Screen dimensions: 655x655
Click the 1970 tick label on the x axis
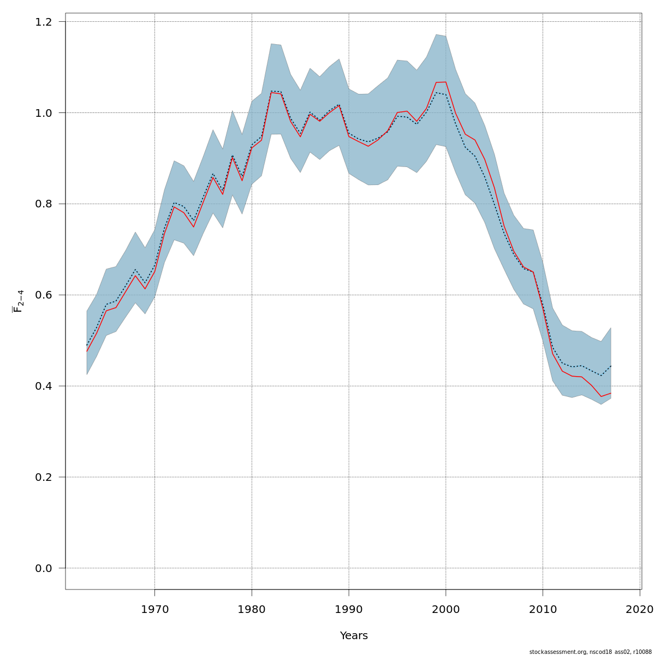[x=154, y=609]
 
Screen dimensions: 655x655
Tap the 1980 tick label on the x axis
[x=252, y=609]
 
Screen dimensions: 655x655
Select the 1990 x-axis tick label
[x=349, y=609]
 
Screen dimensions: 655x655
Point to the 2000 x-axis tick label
[x=446, y=609]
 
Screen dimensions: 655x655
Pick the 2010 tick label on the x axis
[x=543, y=609]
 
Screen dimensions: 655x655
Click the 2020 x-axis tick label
[x=640, y=609]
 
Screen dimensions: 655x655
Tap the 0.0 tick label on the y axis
[x=44, y=568]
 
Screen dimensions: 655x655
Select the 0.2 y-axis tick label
[x=44, y=477]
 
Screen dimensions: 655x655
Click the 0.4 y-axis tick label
[x=44, y=386]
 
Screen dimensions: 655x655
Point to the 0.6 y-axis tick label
[x=44, y=295]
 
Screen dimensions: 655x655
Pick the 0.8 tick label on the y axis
[x=44, y=204]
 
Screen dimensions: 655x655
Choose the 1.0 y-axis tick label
[x=44, y=113]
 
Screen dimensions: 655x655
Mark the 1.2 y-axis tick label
[x=44, y=22]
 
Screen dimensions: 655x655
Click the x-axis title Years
[x=354, y=636]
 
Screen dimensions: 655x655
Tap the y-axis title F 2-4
[x=18, y=301]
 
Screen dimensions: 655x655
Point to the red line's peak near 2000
[x=445, y=82]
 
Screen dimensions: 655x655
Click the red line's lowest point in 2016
[x=601, y=396]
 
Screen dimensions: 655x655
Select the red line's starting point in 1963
[x=87, y=351]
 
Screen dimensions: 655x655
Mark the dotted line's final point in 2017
[x=611, y=366]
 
